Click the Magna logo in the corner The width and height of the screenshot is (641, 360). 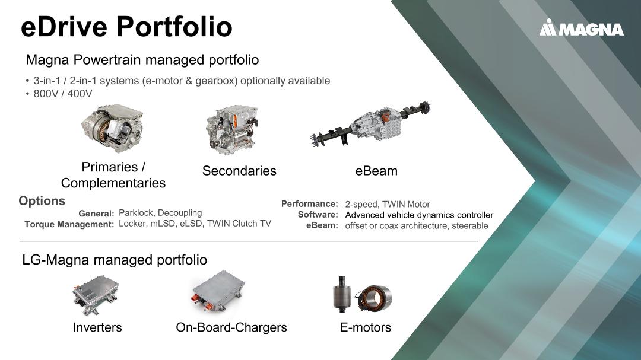point(581,28)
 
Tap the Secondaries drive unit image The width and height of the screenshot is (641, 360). point(232,129)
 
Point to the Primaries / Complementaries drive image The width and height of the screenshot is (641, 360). point(112,128)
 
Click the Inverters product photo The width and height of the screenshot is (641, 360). point(96,295)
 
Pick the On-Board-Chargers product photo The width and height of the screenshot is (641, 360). point(218,292)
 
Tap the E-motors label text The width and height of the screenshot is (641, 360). point(366,327)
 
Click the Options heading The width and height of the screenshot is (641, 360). point(42,201)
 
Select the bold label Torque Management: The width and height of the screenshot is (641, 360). point(69,224)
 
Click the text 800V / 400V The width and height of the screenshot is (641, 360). point(63,94)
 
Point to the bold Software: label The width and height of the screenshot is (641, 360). point(318,215)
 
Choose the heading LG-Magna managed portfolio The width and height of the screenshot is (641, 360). point(115,260)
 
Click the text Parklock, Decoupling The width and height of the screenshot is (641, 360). point(160,213)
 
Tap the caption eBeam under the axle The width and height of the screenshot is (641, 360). point(376,171)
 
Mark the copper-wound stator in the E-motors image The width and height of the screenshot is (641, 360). point(374,298)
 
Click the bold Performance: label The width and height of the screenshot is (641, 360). point(309,204)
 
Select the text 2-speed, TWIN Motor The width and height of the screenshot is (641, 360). point(387,204)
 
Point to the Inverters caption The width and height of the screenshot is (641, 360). point(97,327)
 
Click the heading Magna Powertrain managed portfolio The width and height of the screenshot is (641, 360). point(142,60)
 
